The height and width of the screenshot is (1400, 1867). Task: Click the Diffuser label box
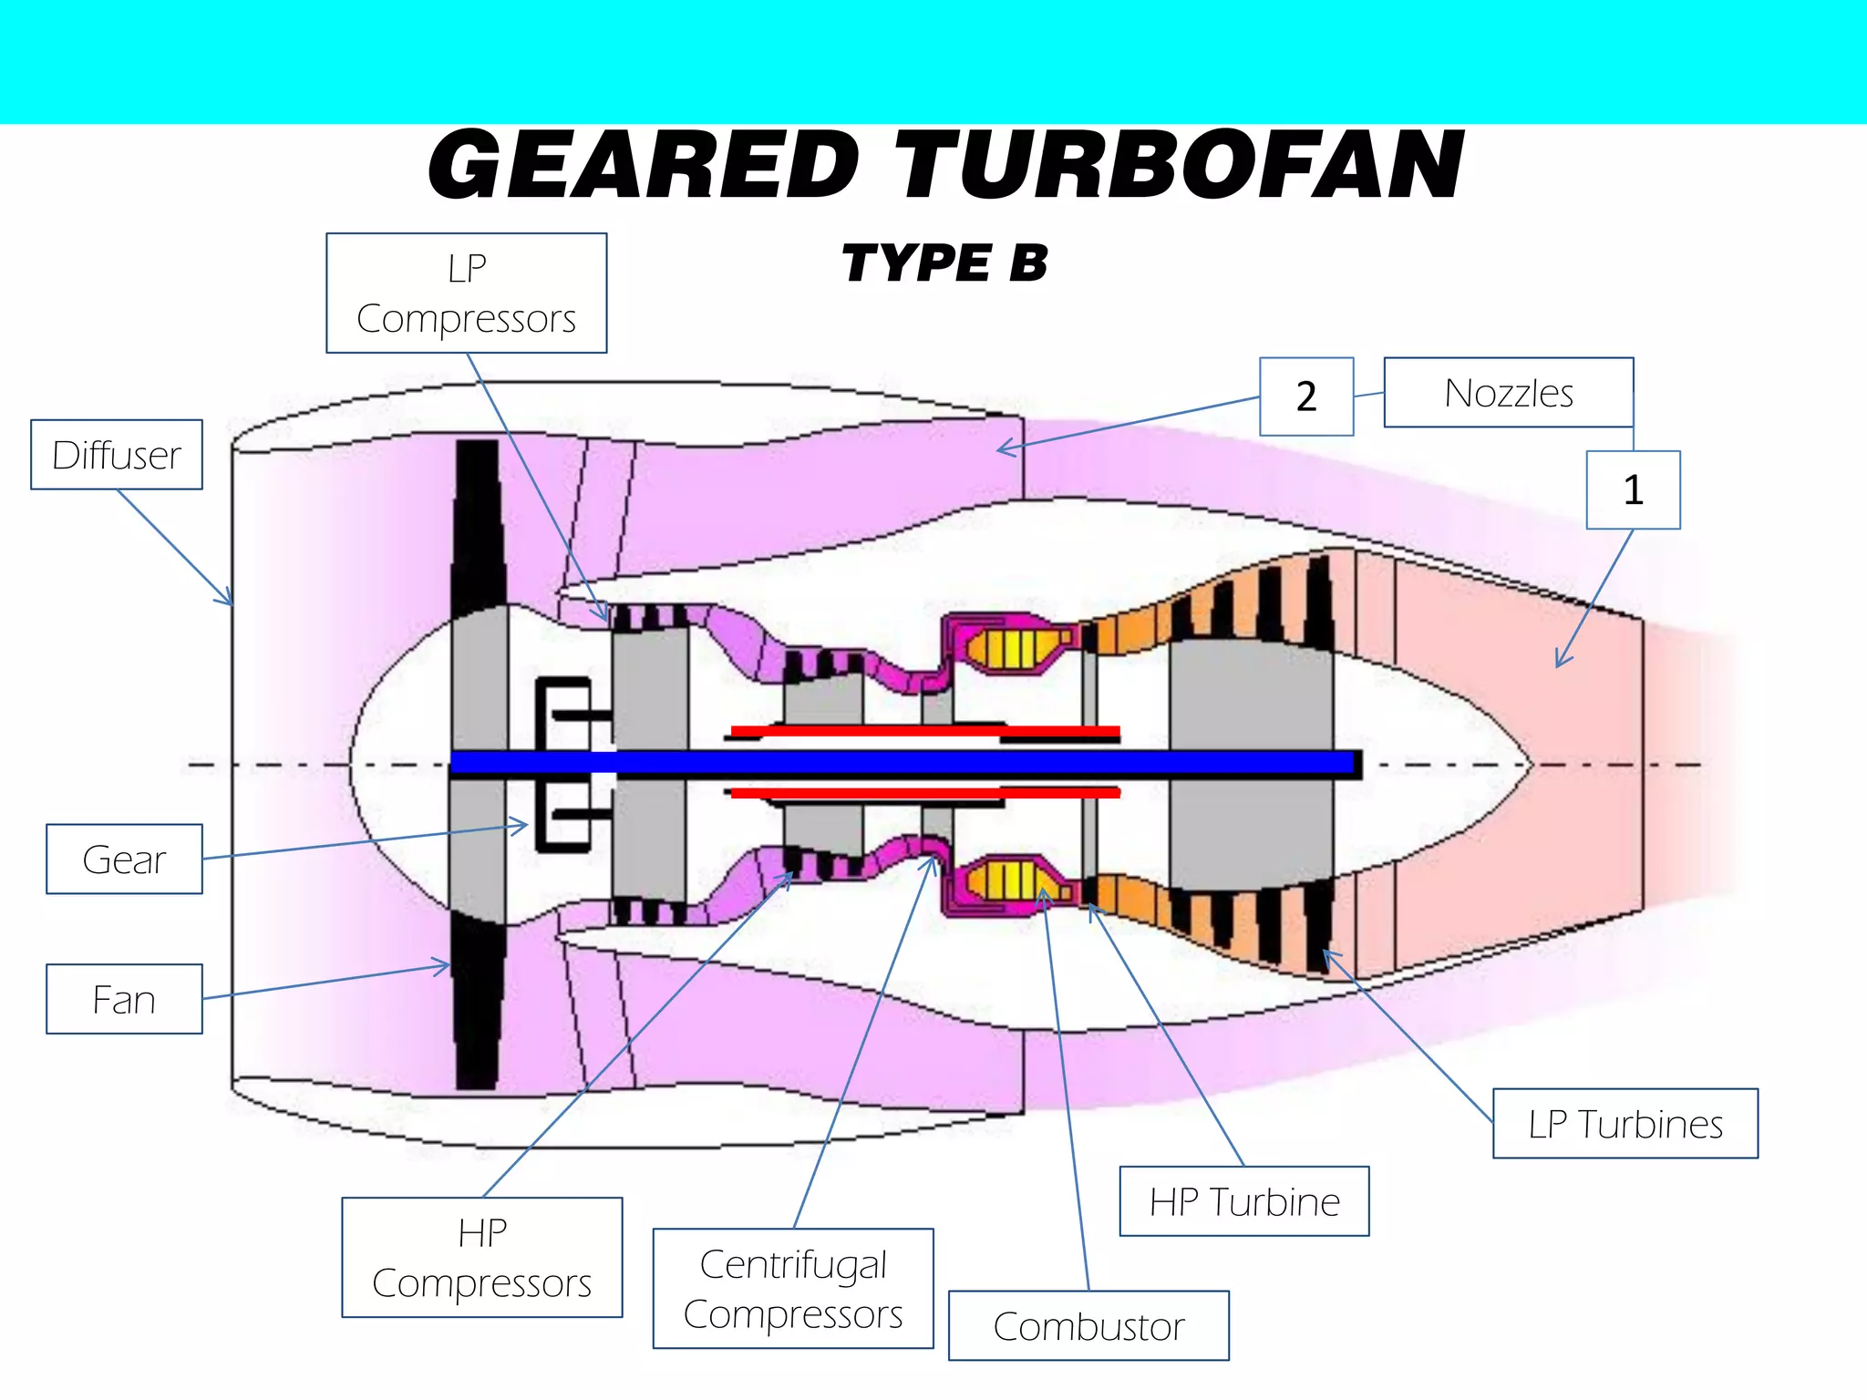117,455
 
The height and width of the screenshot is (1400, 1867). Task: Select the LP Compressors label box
466,293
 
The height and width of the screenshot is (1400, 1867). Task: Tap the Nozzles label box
1508,393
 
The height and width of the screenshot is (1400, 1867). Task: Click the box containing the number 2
1305,396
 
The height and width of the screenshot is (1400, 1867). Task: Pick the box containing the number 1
1633,490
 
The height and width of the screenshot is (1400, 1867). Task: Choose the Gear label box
124,860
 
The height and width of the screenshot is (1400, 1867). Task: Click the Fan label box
124,1000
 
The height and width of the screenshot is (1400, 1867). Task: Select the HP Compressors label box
481,1258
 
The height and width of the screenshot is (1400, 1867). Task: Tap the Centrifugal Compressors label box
793,1289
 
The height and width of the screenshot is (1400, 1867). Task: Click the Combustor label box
1088,1326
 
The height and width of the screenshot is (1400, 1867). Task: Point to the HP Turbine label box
1243,1201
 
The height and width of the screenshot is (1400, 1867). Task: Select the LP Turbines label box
1625,1124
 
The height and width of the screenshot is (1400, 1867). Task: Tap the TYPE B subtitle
944,263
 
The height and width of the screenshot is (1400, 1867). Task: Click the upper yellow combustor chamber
1012,648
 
